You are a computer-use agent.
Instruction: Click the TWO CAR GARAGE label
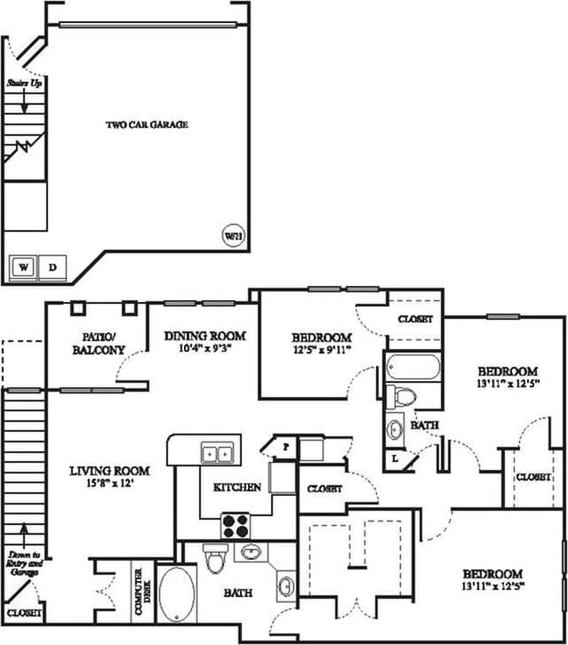(147, 124)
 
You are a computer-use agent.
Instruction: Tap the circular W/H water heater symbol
(232, 236)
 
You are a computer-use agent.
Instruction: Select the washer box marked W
(23, 267)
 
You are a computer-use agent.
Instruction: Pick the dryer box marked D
(52, 267)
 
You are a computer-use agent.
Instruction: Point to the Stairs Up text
(23, 83)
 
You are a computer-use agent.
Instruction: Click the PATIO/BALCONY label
(98, 343)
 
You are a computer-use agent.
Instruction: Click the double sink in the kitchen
(217, 453)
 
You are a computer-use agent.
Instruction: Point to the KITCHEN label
(236, 487)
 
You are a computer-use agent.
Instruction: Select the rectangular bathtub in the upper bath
(413, 368)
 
